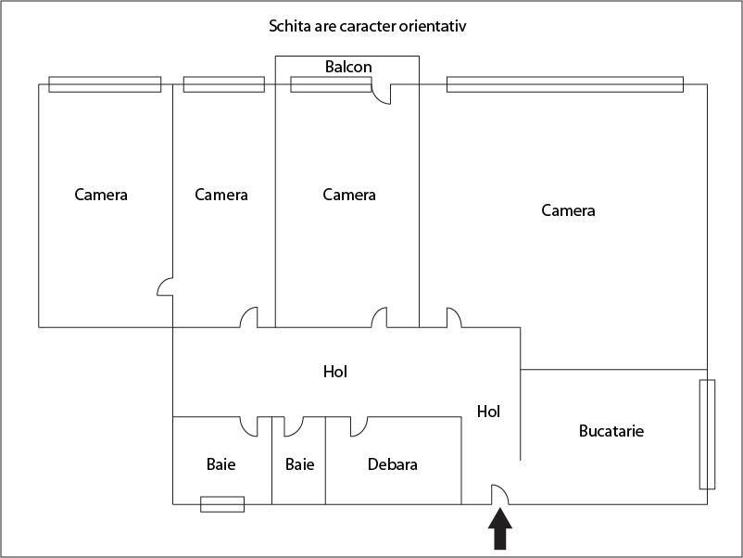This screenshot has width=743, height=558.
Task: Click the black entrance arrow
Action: (x=499, y=535)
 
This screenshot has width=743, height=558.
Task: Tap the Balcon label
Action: (x=348, y=67)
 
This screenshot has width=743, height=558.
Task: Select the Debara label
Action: (x=392, y=464)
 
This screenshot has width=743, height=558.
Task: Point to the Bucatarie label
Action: (x=611, y=431)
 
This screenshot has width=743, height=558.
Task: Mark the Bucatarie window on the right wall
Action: (x=707, y=434)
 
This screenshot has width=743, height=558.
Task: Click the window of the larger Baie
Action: (x=222, y=504)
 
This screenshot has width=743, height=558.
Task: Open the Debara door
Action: (x=358, y=425)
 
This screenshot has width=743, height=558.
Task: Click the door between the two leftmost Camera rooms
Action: (x=165, y=286)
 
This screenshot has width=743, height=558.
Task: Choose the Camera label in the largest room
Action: (x=568, y=211)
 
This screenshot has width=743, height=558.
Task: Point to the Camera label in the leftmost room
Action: (x=101, y=195)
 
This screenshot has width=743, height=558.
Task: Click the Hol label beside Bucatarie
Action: (x=488, y=412)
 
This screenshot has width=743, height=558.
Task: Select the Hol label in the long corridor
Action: (x=334, y=372)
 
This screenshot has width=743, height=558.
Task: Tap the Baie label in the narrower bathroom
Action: (x=299, y=464)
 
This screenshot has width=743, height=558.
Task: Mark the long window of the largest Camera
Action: (x=564, y=84)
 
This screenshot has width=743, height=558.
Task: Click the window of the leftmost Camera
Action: (x=105, y=84)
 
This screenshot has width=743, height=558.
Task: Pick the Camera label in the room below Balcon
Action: (x=349, y=195)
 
